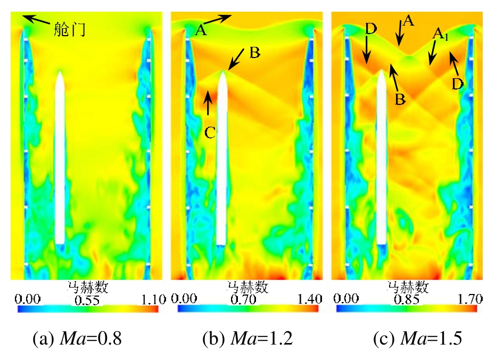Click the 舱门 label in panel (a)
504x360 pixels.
coord(69,29)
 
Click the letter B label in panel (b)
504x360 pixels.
coord(254,52)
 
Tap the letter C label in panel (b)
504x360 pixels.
coord(210,133)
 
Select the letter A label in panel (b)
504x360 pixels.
coord(200,30)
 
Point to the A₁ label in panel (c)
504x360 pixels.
coord(440,35)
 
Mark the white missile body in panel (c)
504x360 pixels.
coord(382,160)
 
